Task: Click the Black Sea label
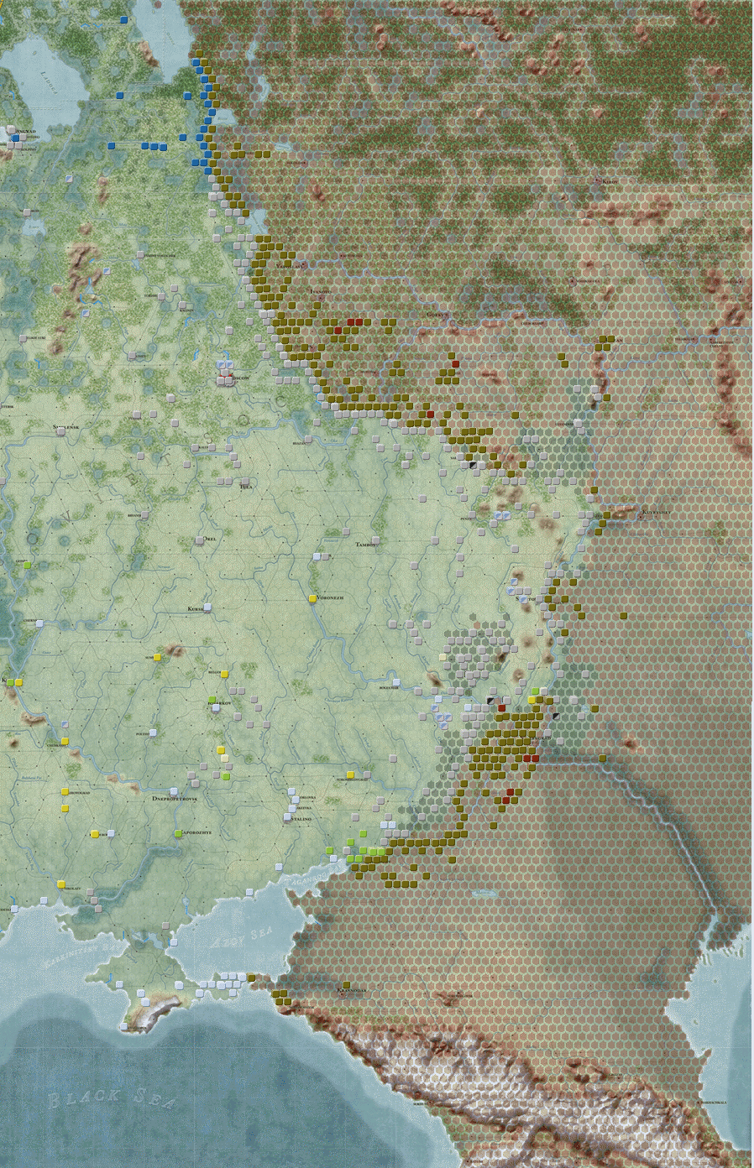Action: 108,1098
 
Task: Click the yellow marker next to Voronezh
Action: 312,598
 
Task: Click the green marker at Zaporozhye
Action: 178,833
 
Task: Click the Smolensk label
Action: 66,427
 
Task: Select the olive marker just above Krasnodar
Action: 346,983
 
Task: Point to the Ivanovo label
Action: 320,290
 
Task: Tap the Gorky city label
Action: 438,314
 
